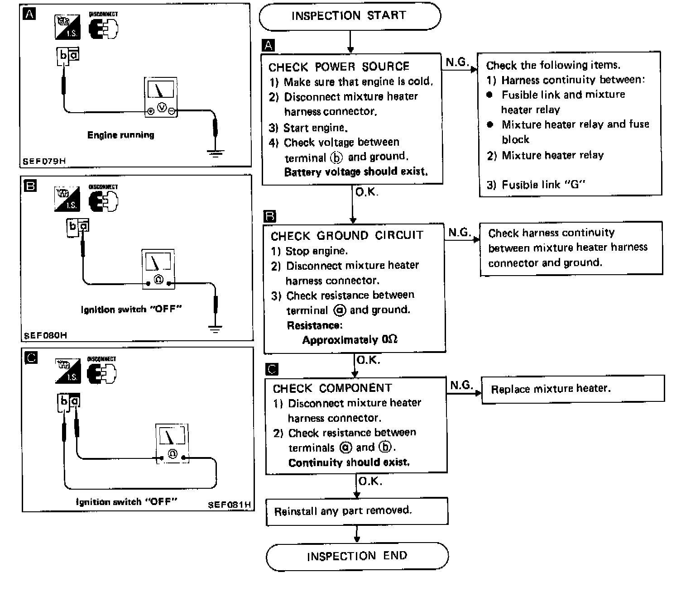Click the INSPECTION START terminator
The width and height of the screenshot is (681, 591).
[x=350, y=16]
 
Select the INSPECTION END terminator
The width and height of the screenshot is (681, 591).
[x=357, y=556]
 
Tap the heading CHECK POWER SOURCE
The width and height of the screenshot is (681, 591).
[x=339, y=67]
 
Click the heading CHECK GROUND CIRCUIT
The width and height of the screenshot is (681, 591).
[x=347, y=236]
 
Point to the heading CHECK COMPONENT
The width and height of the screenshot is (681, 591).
[x=332, y=388]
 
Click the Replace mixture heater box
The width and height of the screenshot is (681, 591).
[x=572, y=389]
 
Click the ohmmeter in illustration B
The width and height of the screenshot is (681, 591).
[x=158, y=269]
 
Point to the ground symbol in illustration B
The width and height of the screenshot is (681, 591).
[x=216, y=329]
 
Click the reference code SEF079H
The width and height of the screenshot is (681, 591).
[x=44, y=161]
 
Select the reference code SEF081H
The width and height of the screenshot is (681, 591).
[x=230, y=504]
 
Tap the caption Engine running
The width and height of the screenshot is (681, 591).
[x=120, y=135]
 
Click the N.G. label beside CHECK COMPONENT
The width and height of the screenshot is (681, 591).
[x=461, y=385]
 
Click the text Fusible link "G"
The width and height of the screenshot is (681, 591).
[x=536, y=185]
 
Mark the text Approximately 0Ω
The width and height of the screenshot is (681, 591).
[x=350, y=340]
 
